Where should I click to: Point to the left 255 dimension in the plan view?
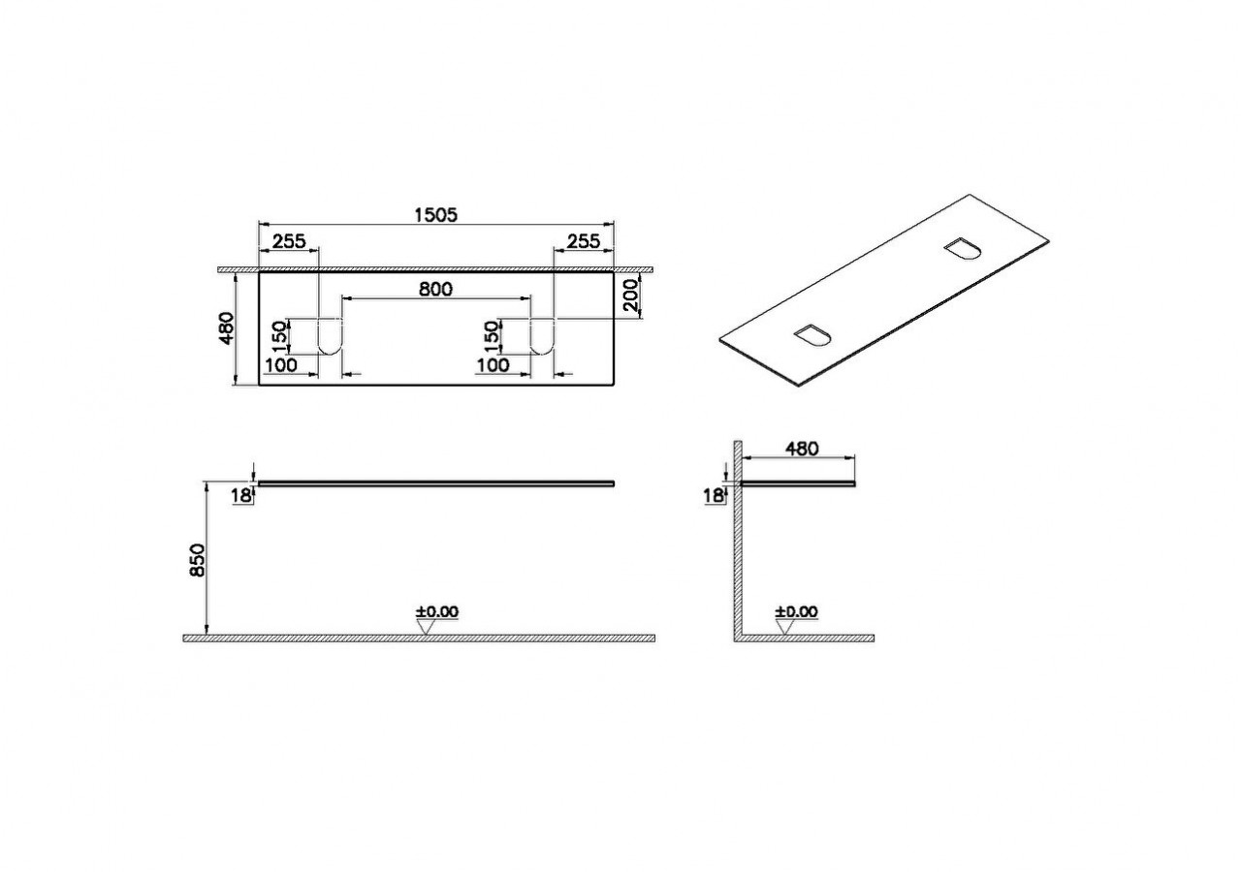(x=288, y=242)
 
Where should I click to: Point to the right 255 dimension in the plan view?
(x=584, y=242)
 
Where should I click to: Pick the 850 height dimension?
(x=197, y=560)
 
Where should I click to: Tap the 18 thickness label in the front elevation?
(x=241, y=495)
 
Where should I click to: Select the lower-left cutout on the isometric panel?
(x=812, y=336)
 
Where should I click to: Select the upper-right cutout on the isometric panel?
(x=963, y=249)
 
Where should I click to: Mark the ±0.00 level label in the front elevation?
(x=437, y=611)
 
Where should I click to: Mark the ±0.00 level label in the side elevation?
(x=796, y=611)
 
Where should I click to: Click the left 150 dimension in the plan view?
(x=278, y=336)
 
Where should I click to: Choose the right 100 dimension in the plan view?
(x=493, y=364)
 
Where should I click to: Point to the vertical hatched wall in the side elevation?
(x=737, y=543)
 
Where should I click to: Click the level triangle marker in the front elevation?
(x=426, y=627)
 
